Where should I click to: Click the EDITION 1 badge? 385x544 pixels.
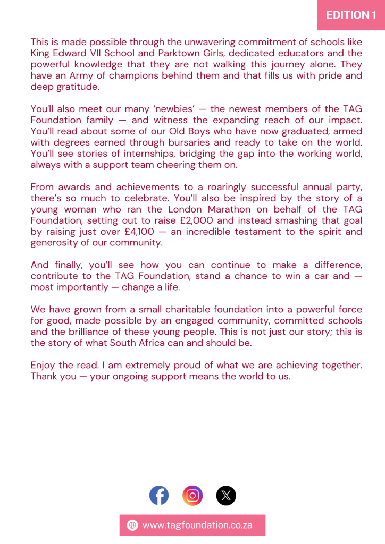[351, 15]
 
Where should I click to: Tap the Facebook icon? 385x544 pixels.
[159, 496]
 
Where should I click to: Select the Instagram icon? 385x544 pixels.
[192, 496]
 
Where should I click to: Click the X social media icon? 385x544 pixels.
[226, 496]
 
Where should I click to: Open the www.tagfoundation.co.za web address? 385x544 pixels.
[197, 525]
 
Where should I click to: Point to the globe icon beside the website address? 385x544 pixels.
[132, 525]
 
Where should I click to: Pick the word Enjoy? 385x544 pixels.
[44, 365]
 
